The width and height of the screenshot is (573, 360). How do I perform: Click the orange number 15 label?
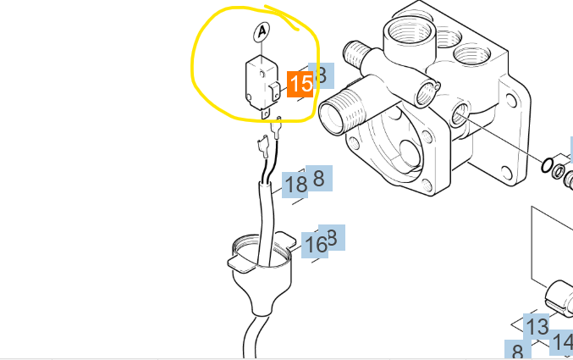(x=300, y=84)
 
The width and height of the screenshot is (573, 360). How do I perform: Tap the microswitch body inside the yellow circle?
(x=256, y=81)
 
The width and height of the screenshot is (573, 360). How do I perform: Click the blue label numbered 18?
(x=295, y=184)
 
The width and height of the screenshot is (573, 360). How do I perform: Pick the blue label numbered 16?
(x=315, y=245)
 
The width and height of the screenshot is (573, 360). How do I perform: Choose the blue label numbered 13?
(x=537, y=326)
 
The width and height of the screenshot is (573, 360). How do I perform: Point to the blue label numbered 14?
(x=563, y=343)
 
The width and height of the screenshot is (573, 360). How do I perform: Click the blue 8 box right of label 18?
(x=319, y=179)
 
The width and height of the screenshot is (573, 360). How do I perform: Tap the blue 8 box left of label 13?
(x=516, y=350)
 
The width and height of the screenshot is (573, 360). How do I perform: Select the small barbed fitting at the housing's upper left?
(x=355, y=52)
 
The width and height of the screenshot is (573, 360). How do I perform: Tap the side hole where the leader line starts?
(x=460, y=114)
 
